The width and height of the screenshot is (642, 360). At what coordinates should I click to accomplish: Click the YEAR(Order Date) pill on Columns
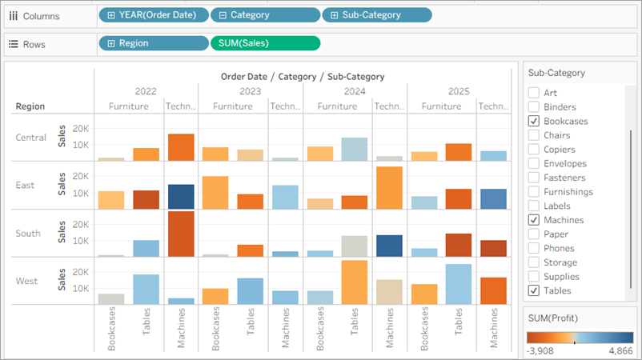(154, 14)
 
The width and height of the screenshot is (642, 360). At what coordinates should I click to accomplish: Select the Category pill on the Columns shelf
(264, 14)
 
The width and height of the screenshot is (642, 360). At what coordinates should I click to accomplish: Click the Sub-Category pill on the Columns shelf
(376, 14)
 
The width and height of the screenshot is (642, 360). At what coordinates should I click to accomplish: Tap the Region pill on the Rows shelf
(153, 44)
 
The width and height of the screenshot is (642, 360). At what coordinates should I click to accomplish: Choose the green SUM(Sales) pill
(264, 44)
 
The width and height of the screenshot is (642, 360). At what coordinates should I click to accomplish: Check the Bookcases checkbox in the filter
(534, 121)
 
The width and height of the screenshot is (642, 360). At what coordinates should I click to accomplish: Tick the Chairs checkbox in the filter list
(534, 135)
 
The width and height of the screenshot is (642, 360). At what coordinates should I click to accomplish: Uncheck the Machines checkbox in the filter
(534, 220)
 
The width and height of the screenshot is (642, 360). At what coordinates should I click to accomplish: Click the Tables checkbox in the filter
(534, 290)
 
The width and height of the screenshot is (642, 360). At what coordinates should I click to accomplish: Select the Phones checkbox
(534, 248)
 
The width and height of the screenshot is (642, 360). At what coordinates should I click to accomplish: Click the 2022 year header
(146, 91)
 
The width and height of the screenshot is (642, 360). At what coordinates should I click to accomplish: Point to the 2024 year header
(355, 91)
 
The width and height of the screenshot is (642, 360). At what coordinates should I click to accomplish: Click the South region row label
(30, 233)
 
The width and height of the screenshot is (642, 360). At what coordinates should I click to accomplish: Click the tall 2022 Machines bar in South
(181, 234)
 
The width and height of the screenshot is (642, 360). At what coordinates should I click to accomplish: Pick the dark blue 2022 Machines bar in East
(181, 197)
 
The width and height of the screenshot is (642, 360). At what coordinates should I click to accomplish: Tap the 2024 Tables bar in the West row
(355, 282)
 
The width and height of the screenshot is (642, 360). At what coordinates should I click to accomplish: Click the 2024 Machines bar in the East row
(389, 188)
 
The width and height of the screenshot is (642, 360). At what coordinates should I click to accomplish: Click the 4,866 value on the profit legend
(620, 351)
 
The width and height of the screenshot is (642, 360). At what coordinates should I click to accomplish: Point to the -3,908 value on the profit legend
(542, 351)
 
